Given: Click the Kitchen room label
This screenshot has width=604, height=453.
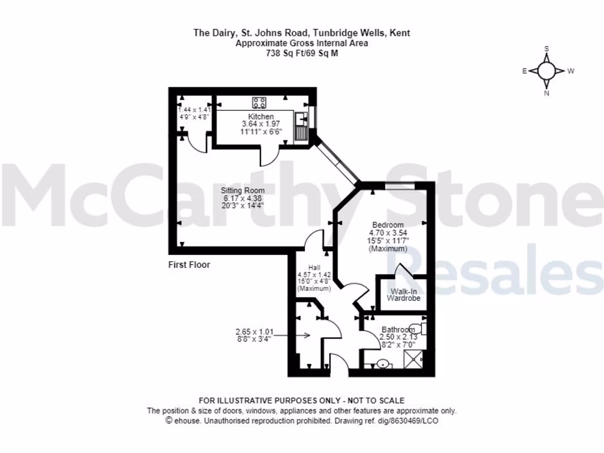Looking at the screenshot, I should [261, 117].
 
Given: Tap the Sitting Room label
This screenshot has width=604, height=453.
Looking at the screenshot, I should [242, 191].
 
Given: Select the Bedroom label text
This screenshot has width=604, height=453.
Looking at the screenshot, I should [388, 225].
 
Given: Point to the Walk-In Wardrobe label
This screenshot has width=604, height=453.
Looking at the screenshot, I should [403, 295].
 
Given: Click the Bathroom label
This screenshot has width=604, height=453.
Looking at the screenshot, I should [398, 330].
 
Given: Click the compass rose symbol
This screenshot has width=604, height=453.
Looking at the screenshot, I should [547, 71].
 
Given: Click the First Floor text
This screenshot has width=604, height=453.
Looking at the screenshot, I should [189, 265].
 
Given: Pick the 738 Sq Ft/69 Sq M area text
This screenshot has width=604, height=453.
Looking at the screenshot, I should [301, 53].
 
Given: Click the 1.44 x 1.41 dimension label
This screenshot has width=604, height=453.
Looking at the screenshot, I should [195, 110].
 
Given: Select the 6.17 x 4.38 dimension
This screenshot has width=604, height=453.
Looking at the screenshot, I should [242, 198].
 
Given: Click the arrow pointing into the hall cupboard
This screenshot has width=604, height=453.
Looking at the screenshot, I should [300, 336].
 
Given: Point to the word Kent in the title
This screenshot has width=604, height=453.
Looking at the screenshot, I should [400, 33].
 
